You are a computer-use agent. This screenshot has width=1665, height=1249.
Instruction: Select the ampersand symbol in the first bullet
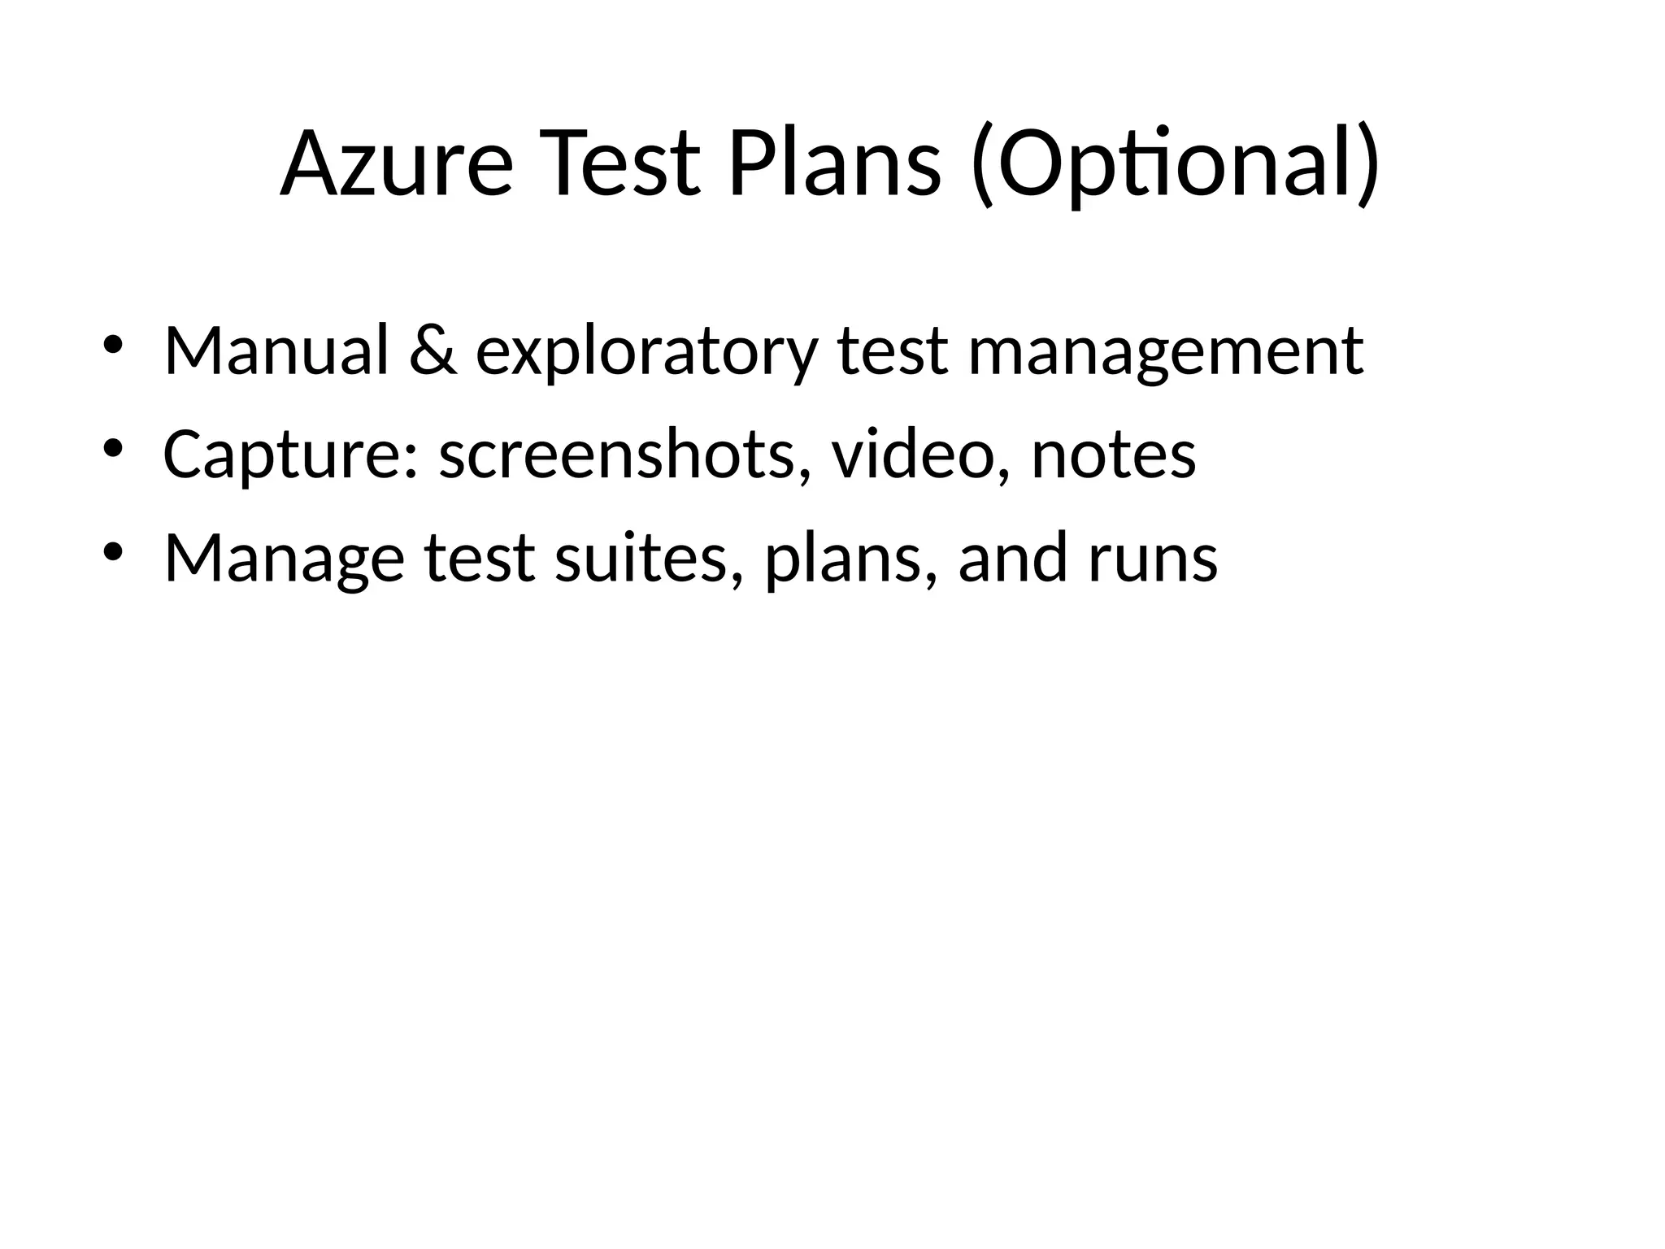pos(433,350)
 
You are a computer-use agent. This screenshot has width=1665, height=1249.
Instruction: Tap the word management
pos(1166,352)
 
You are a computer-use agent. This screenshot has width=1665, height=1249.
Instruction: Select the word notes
pos(1114,455)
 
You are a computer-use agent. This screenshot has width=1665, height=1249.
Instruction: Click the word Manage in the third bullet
pos(284,559)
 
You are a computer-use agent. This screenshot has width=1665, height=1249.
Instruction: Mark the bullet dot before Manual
pos(113,344)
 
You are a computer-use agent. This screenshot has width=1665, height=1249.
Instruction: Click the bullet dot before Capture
pos(113,448)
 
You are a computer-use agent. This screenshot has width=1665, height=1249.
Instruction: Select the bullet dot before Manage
pos(113,552)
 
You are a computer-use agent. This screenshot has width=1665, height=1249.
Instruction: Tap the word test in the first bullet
pos(892,352)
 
